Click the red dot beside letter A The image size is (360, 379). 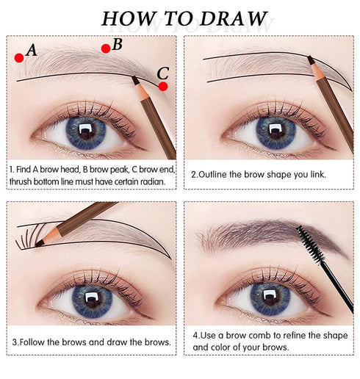point(18,57)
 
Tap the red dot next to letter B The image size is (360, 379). point(106,48)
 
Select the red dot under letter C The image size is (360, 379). point(163,86)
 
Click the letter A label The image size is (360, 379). point(31,50)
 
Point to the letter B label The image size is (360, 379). point(118,44)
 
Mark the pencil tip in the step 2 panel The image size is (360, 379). point(309,59)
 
